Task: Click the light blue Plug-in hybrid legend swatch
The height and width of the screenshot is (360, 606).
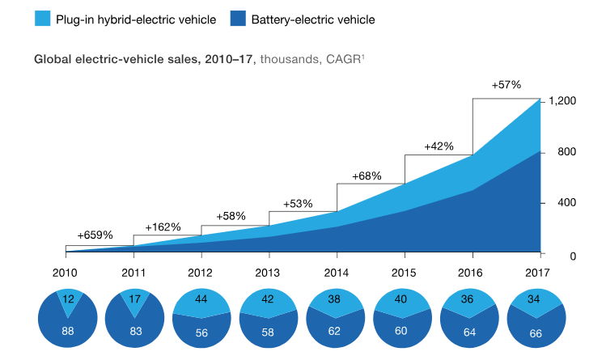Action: (x=41, y=18)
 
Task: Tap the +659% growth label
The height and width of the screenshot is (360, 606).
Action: (x=95, y=235)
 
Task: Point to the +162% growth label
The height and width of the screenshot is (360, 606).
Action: (x=163, y=227)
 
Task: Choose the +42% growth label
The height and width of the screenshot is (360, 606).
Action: (x=439, y=146)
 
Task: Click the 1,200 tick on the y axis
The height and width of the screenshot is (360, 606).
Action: (x=562, y=101)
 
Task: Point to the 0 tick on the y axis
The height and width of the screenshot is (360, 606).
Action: (x=572, y=256)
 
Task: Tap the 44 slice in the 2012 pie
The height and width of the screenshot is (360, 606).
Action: (x=202, y=301)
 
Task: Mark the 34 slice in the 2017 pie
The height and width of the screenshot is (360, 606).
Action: (x=540, y=299)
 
